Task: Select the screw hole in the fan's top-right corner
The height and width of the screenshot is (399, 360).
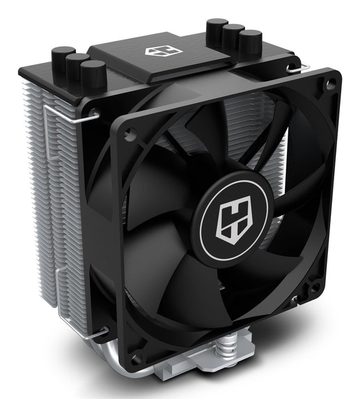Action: tap(329, 85)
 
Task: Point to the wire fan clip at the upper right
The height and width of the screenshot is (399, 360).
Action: tap(299, 68)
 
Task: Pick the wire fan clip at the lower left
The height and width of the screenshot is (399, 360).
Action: tap(91, 332)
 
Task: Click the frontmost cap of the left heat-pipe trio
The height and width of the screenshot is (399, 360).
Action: tap(93, 74)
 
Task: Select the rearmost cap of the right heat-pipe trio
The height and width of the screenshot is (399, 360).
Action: tap(217, 30)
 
